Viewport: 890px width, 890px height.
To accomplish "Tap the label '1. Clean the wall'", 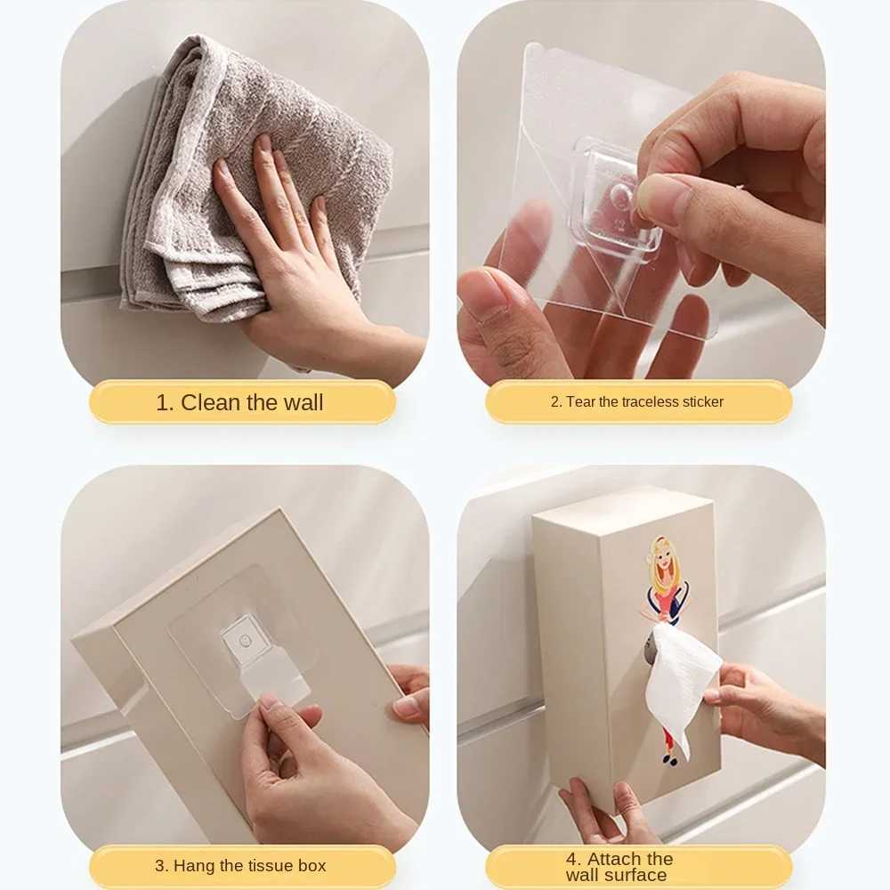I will (x=240, y=402).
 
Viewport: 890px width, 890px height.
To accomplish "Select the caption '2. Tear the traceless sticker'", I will (x=637, y=402).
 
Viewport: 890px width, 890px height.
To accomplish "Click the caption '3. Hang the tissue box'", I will (x=240, y=865).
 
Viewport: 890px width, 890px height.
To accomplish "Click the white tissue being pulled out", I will (x=684, y=676).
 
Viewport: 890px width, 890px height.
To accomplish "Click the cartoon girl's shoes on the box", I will (x=668, y=759).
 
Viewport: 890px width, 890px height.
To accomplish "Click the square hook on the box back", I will (x=240, y=641).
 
